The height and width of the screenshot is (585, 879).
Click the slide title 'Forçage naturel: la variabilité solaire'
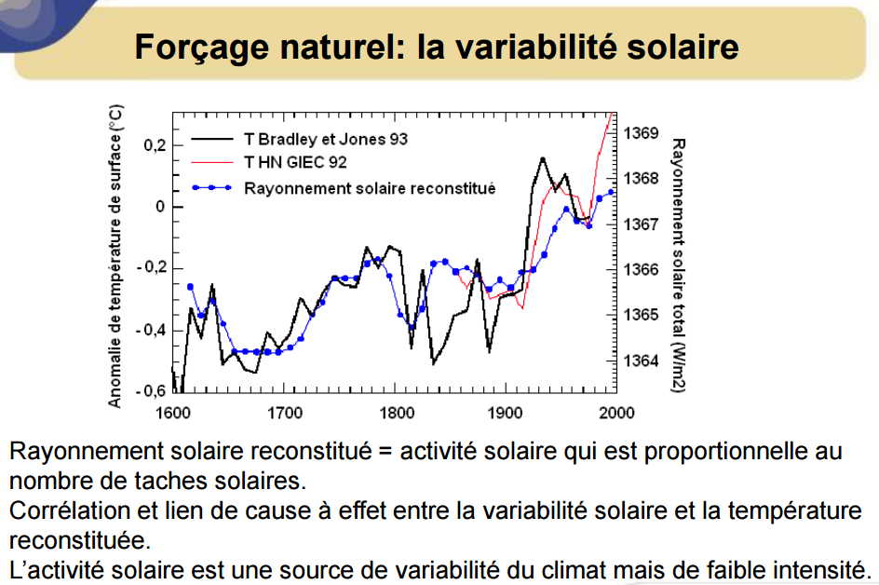[436, 47]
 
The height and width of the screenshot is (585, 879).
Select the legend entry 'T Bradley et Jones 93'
[326, 139]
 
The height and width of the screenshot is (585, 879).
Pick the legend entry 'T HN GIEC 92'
[295, 163]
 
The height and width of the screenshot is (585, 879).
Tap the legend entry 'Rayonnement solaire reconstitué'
[370, 188]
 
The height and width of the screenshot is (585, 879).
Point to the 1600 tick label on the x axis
[172, 414]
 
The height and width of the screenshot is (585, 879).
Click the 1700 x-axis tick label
[284, 414]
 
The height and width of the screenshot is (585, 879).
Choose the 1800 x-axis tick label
[397, 414]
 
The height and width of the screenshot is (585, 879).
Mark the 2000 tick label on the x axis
[616, 414]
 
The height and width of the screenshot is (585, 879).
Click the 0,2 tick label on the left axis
[155, 145]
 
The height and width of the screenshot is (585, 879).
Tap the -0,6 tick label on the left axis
[152, 391]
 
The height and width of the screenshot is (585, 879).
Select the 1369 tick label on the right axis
[641, 133]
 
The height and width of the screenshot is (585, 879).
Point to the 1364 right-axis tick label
[641, 361]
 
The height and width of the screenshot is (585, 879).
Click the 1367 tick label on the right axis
[641, 224]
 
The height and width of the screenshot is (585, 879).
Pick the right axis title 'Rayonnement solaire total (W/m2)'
[678, 265]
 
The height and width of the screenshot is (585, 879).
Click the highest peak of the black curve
[543, 158]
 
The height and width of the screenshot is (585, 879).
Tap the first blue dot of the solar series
[190, 287]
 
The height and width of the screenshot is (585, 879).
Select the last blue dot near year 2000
[611, 192]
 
